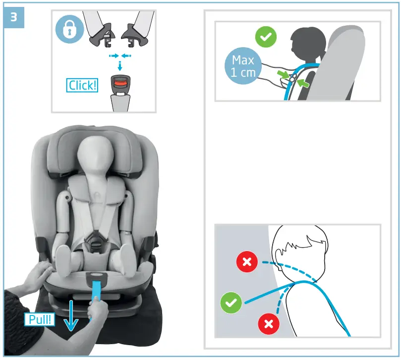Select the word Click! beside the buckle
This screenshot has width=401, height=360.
click(x=82, y=85)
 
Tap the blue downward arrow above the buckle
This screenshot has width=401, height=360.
click(x=119, y=64)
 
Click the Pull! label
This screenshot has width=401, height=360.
click(x=38, y=319)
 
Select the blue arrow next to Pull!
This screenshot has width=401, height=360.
click(x=72, y=315)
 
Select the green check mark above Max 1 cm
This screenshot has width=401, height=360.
click(x=266, y=37)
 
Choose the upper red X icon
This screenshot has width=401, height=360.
click(x=247, y=262)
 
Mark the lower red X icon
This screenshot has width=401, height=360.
click(x=269, y=324)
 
